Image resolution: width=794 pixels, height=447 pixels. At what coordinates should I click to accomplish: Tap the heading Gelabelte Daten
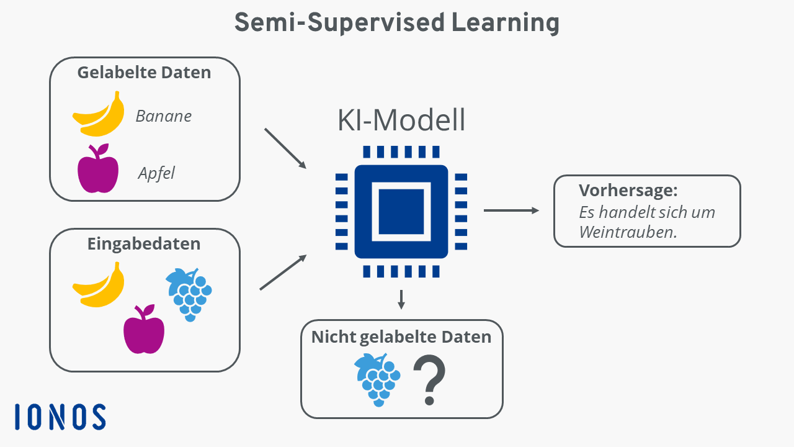coord(144,73)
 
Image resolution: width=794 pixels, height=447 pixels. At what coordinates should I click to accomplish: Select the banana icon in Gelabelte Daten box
coord(99,114)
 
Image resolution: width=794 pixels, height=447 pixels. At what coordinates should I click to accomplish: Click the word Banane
coord(163,116)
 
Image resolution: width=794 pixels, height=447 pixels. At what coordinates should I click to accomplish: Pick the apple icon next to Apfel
coord(98,168)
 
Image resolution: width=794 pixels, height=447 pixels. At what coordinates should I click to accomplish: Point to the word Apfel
coord(156,173)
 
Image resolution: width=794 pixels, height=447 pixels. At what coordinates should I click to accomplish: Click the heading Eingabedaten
coord(144,244)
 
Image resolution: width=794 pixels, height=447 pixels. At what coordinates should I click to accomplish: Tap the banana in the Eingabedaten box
coord(99,284)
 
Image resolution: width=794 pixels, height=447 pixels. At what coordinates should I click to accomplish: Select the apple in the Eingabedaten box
coord(144,329)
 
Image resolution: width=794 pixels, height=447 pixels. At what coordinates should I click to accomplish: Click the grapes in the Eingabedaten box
coord(189,295)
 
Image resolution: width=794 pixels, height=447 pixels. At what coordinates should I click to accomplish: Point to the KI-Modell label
coord(401,120)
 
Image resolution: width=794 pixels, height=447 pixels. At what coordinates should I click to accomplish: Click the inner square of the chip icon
coord(401,212)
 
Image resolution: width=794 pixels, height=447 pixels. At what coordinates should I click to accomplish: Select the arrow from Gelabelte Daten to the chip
coord(285,148)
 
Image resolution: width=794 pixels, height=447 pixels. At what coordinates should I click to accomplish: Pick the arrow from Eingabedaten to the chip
coord(283,272)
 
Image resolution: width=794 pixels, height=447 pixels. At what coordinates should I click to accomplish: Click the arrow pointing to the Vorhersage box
coord(511,210)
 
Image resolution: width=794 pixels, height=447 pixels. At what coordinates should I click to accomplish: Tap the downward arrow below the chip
coord(401,300)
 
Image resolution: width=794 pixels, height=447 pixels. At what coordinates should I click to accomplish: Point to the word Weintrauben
coord(628,232)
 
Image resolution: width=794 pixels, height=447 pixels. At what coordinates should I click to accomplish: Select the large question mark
coord(429,379)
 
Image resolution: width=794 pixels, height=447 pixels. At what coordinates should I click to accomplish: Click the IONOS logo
coord(60,417)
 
